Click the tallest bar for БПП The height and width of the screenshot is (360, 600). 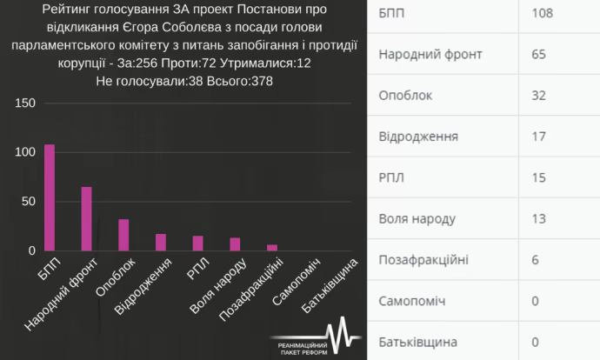pos(50,197)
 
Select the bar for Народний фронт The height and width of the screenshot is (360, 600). pos(87,218)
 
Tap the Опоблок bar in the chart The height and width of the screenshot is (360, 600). pos(123,235)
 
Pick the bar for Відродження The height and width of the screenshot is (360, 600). pos(161,242)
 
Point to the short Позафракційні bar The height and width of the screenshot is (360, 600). pos(271,248)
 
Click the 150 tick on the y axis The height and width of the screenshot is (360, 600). pos(26,103)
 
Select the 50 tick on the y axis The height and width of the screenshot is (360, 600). pos(30,202)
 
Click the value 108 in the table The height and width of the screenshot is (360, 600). pos(542,13)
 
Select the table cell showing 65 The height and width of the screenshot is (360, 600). pos(538,55)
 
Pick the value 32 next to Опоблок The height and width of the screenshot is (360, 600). pos(538,95)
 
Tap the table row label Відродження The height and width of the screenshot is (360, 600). pos(418,137)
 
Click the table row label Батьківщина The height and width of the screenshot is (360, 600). pos(418,342)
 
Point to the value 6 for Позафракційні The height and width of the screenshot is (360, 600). pos(535,260)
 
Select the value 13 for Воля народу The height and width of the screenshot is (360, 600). pos(538,218)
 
